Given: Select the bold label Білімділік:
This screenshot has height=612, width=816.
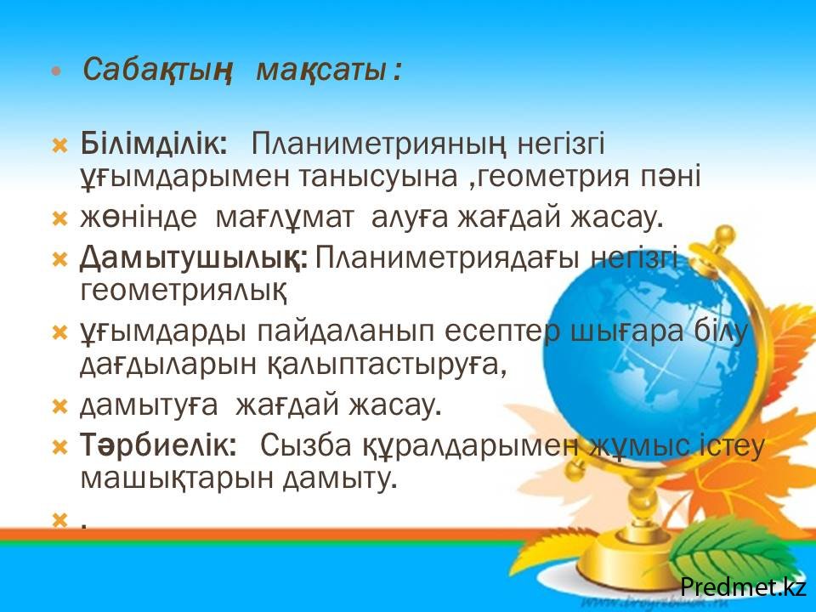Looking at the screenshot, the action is pyautogui.click(x=154, y=143).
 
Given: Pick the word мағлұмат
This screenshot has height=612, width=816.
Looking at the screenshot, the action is pyautogui.click(x=284, y=218).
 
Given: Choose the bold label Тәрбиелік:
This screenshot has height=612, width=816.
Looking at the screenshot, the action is pyautogui.click(x=158, y=445).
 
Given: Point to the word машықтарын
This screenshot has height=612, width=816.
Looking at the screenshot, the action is pyautogui.click(x=177, y=479).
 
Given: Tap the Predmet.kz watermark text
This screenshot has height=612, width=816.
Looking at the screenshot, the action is pyautogui.click(x=744, y=586).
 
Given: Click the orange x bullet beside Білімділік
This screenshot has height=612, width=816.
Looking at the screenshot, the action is pyautogui.click(x=60, y=145).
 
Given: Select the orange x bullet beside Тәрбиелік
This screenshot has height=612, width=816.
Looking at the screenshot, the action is pyautogui.click(x=60, y=447).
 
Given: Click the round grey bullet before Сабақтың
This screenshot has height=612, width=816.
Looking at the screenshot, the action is pyautogui.click(x=57, y=71).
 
